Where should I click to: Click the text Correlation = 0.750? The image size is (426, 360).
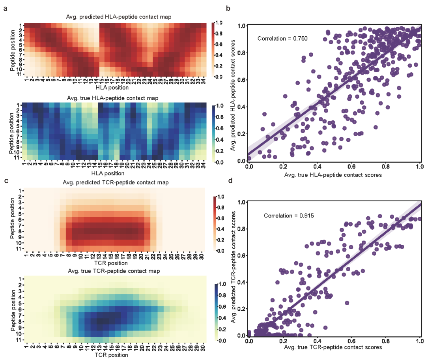[282, 39]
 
